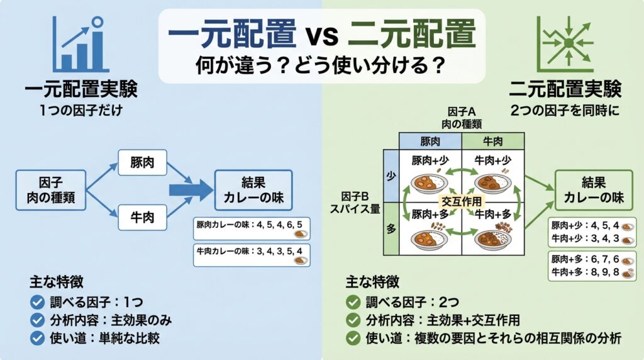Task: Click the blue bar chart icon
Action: pyautogui.click(x=79, y=44)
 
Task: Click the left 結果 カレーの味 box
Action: pyautogui.click(x=253, y=190)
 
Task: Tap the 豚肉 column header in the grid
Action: pyautogui.click(x=431, y=141)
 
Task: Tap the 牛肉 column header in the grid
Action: pyautogui.click(x=492, y=141)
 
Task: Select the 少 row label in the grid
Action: pyautogui.click(x=392, y=176)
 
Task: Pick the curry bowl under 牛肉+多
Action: pyautogui.click(x=492, y=239)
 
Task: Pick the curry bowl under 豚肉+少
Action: pyautogui.click(x=430, y=183)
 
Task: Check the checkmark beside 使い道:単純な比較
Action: pyautogui.click(x=36, y=337)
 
